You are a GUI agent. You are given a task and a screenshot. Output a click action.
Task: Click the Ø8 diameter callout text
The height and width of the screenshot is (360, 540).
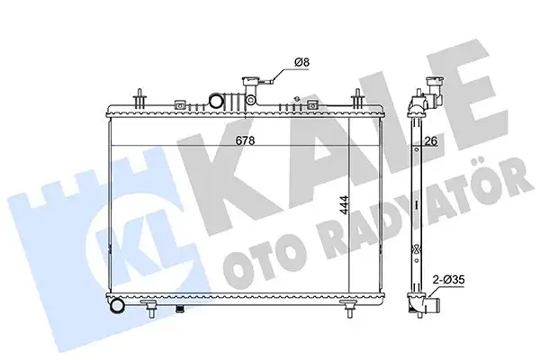pyautogui.click(x=301, y=62)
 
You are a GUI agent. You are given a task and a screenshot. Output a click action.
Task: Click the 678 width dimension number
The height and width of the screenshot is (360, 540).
pyautogui.click(x=245, y=140)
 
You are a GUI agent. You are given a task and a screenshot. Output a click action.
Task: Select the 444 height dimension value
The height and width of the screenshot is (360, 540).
pyautogui.click(x=344, y=206)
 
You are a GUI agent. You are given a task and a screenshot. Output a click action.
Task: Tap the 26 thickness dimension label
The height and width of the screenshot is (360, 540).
pyautogui.click(x=431, y=141)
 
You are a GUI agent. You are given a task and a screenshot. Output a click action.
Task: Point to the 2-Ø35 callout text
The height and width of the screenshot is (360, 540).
pyautogui.click(x=449, y=280)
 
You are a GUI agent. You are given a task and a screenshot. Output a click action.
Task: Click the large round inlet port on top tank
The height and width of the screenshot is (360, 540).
pyautogui.click(x=216, y=101)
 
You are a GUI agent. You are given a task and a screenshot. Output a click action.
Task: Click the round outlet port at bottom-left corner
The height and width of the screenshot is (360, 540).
pyautogui.click(x=117, y=306)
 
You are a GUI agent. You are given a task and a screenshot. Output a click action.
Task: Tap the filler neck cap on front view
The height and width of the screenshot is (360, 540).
pyautogui.click(x=249, y=82)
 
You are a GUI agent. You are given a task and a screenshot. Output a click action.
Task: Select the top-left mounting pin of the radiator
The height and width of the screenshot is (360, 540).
pyautogui.click(x=139, y=99)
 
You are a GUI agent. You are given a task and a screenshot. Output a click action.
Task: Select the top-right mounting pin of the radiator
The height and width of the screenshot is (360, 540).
pyautogui.click(x=358, y=98)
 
